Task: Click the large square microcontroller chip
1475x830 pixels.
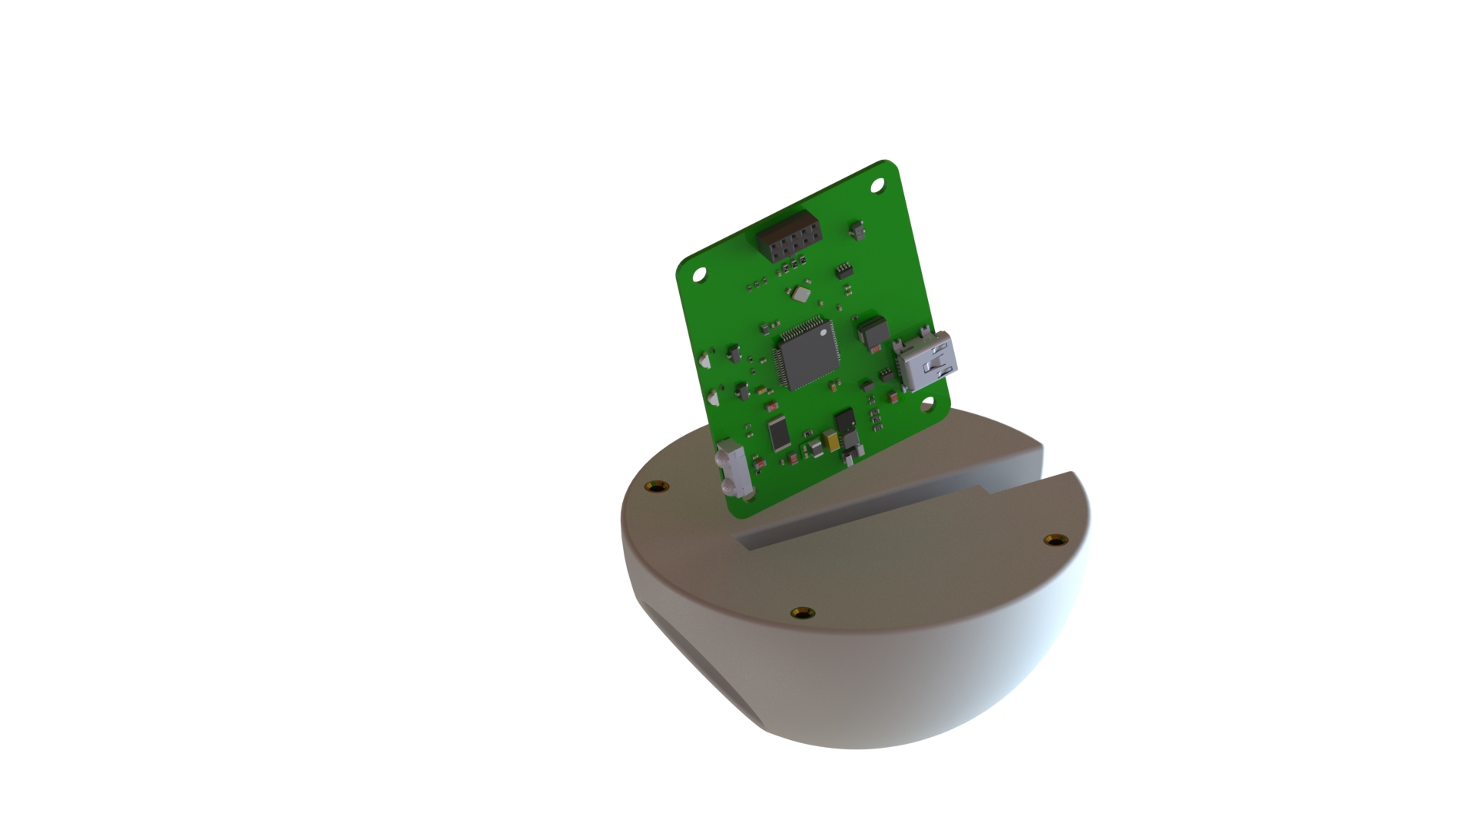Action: (x=806, y=353)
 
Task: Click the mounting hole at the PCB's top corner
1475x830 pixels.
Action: (x=877, y=185)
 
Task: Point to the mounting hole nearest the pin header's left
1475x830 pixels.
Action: (x=699, y=274)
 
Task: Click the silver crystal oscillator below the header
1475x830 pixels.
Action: (x=802, y=293)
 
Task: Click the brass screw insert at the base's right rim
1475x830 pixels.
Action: (x=1056, y=539)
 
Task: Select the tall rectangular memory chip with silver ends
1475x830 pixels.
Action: (x=778, y=433)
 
